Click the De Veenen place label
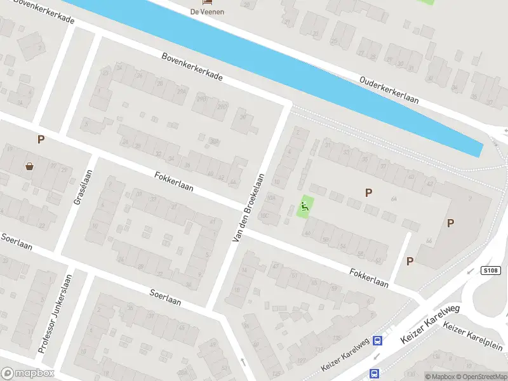click(x=208, y=11)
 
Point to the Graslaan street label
click(x=83, y=187)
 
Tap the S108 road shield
click(x=491, y=271)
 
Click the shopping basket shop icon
click(x=30, y=166)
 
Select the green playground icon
click(x=305, y=206)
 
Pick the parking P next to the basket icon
click(x=41, y=140)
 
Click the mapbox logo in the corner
click(x=28, y=373)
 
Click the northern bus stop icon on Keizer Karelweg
click(x=377, y=340)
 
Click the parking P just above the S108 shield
click(x=450, y=223)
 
